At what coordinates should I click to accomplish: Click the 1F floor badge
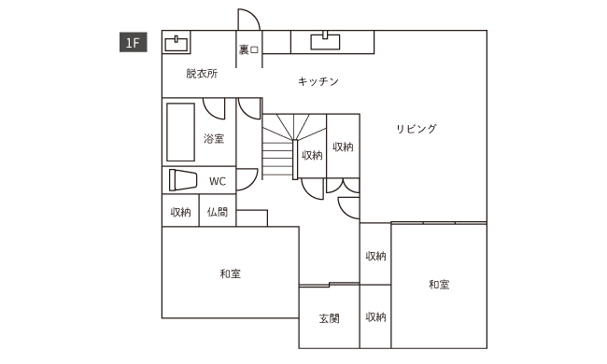(130, 42)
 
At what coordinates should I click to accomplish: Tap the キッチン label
(318, 82)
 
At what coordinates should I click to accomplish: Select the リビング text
(416, 129)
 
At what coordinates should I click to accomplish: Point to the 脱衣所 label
(202, 74)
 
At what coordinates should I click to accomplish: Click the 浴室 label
(214, 140)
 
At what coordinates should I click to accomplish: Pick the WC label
(217, 181)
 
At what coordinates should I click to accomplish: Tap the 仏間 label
(217, 213)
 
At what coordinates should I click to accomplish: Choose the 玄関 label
(329, 318)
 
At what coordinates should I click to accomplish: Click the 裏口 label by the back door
(247, 49)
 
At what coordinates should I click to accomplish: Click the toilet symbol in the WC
(182, 179)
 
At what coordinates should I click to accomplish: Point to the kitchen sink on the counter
(326, 39)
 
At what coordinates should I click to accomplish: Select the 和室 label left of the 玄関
(231, 273)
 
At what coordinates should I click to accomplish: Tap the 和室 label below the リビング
(439, 285)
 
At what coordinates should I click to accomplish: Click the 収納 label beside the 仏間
(181, 213)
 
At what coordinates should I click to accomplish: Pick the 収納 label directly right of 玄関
(375, 318)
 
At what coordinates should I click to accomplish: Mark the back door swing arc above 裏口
(248, 20)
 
